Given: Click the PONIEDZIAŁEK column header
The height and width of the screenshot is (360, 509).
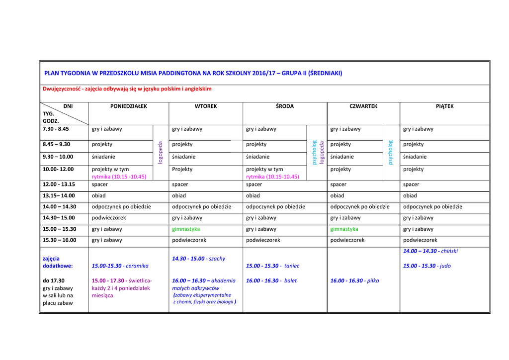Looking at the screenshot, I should [128, 106].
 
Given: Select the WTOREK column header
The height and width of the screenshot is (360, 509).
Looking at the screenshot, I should [206, 106].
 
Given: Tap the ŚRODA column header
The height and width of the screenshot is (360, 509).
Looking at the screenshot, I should [285, 106].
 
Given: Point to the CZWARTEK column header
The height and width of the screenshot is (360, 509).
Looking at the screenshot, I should [363, 106].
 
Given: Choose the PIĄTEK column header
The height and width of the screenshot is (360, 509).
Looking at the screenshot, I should [444, 106].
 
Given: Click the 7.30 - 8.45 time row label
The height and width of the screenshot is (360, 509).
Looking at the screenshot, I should [56, 129].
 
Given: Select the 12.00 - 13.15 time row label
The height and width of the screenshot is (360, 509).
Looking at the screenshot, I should [59, 184].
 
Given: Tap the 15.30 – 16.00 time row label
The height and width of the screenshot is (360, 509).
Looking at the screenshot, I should [60, 240].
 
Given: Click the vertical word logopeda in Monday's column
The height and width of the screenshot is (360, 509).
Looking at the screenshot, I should [160, 153].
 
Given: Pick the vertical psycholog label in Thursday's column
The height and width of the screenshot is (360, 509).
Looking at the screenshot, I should [390, 153].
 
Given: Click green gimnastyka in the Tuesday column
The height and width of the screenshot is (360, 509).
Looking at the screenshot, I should [186, 229].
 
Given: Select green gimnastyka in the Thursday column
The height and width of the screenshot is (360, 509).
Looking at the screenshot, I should [344, 229].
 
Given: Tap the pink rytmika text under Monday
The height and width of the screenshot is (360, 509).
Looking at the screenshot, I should [119, 177].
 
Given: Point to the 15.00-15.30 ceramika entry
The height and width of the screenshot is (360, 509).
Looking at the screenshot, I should [120, 266].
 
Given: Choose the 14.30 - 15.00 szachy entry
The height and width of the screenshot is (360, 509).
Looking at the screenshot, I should [198, 259].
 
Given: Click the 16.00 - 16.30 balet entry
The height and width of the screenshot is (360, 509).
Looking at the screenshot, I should [271, 280].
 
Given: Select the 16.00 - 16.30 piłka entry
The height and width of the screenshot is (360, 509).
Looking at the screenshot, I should [354, 280].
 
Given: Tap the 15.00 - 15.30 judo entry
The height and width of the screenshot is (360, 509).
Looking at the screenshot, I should [426, 266].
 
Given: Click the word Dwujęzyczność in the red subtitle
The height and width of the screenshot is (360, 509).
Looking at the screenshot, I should [62, 89].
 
